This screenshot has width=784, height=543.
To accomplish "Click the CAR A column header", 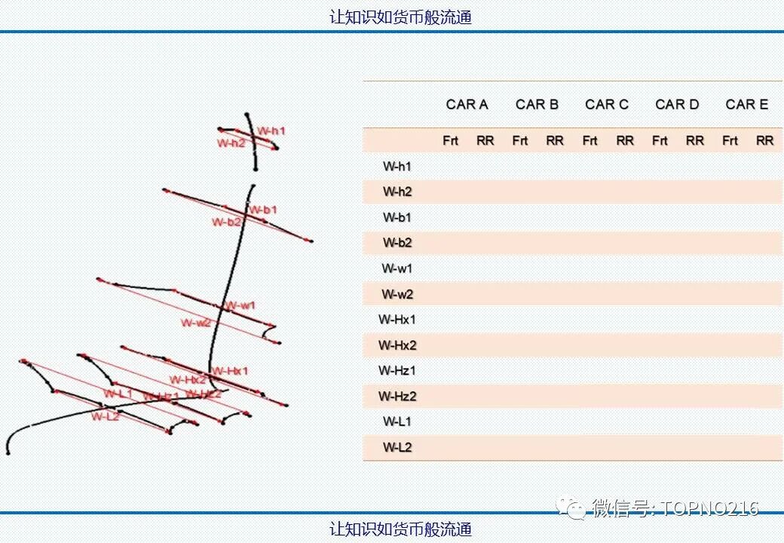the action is (467, 105).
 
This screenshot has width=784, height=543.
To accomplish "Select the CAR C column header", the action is (607, 105).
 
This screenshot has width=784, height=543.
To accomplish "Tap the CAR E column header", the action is (746, 105).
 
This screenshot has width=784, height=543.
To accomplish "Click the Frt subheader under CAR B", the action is (520, 141).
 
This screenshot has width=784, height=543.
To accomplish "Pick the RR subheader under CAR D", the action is (695, 141).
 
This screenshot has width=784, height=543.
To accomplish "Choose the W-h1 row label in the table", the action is (397, 167).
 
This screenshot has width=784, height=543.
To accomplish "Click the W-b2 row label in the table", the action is (397, 243).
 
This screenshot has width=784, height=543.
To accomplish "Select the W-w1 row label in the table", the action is (397, 268).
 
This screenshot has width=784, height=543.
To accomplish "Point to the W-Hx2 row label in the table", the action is (397, 345).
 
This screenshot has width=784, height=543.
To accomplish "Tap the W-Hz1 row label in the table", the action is (397, 370).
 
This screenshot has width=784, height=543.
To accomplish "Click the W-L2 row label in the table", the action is (397, 447).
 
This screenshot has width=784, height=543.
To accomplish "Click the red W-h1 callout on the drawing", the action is (271, 131).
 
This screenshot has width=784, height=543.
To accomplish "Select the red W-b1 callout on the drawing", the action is (263, 209).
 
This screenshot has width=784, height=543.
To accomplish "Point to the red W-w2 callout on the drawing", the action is (196, 323).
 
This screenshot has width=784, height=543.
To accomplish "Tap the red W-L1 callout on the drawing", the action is (118, 393).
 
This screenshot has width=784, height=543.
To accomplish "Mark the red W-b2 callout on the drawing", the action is (226, 222).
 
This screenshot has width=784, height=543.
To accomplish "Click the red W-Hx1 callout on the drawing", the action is (230, 370).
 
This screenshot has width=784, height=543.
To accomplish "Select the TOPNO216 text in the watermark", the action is (709, 509).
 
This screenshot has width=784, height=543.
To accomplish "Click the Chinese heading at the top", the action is (400, 17).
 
